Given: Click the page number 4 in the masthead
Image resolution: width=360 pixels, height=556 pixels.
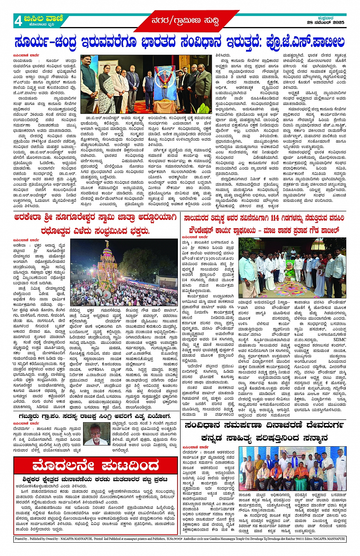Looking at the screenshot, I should tap(18, 21).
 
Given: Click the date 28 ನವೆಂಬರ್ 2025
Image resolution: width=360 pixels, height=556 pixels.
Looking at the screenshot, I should tap(325, 22).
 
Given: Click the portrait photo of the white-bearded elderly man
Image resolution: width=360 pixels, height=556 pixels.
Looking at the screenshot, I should tap(96, 433).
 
